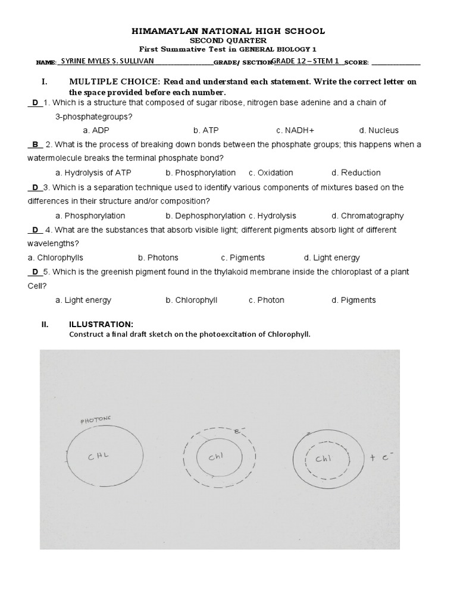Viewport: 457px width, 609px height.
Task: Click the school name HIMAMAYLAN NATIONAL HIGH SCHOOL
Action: click(x=228, y=31)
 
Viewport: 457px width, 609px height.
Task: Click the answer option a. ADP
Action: click(x=96, y=130)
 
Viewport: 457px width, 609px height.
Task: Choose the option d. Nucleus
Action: click(x=378, y=130)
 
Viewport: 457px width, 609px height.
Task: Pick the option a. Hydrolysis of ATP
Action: click(x=93, y=173)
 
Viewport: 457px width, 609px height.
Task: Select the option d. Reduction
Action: click(x=356, y=173)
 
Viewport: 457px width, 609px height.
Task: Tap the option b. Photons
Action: click(x=158, y=258)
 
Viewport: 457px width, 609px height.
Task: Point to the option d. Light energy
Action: click(x=331, y=258)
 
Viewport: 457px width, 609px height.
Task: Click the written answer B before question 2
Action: click(x=35, y=145)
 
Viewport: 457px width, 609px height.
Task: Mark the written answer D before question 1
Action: click(x=35, y=102)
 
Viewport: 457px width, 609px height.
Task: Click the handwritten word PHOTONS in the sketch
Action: click(x=96, y=421)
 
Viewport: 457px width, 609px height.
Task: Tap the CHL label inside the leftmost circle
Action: click(x=99, y=457)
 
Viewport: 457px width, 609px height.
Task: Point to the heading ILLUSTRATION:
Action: click(x=101, y=324)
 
